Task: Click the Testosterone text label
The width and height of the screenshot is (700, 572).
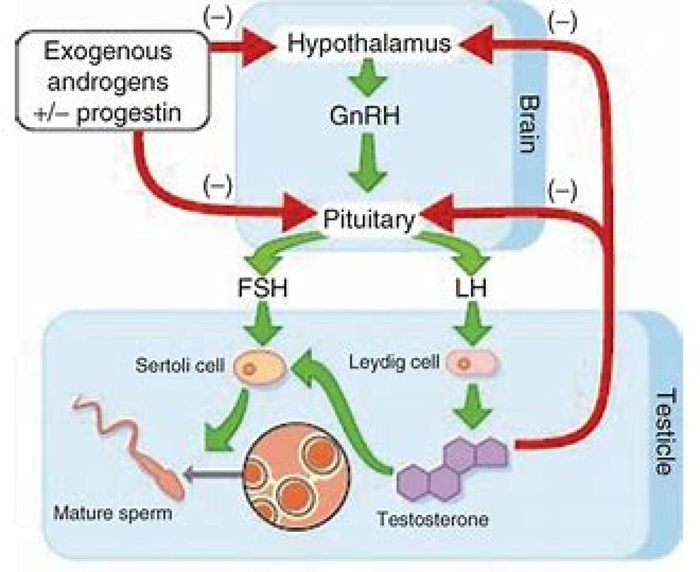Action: (432, 519)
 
